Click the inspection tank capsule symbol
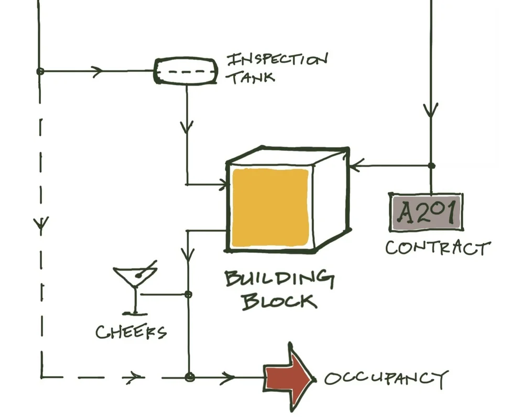[185, 71]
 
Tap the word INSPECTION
[277, 59]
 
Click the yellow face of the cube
[270, 206]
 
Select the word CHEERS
[130, 332]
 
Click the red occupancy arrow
[289, 376]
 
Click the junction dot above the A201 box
[431, 166]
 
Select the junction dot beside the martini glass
[188, 294]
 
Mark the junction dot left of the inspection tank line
[40, 71]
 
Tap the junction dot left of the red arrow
[190, 377]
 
